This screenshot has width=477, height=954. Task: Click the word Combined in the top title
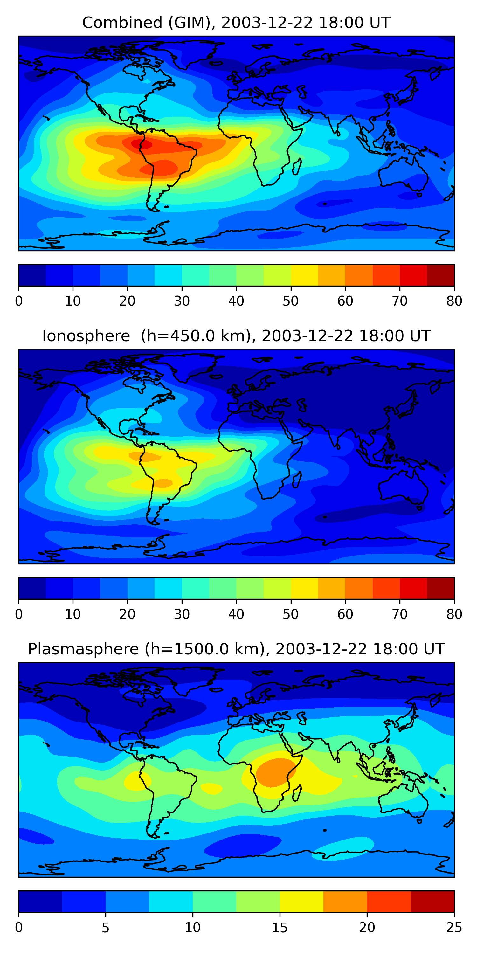(122, 23)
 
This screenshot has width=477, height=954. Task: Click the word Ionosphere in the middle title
(86, 336)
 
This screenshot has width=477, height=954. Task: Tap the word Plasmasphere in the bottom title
(83, 649)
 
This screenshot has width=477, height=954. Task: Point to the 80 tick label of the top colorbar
(454, 301)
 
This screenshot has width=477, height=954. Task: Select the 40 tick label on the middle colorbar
(236, 614)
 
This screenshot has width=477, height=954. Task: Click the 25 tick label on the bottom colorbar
(454, 928)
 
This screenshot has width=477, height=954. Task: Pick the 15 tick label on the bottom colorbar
(280, 928)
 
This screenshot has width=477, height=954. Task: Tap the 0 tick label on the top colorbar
(18, 301)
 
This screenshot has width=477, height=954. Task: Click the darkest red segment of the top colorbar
(441, 275)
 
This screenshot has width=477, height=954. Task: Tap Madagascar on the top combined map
(297, 166)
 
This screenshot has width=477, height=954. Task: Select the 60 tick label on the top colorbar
(345, 301)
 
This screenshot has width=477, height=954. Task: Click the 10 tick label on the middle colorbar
(73, 614)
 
